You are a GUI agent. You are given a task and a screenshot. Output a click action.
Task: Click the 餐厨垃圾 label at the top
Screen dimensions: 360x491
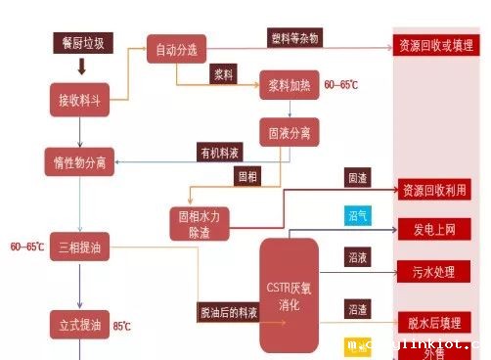pos(80,42)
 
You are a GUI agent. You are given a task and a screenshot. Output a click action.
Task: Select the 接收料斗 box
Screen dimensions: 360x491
pos(80,100)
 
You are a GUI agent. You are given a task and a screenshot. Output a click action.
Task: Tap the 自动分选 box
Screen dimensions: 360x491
pos(176,50)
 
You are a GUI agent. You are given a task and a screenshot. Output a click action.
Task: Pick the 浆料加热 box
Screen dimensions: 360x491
pos(289,86)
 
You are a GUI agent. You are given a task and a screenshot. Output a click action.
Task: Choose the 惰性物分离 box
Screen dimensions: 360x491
pos(80,162)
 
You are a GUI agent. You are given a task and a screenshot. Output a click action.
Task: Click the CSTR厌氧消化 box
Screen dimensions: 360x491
pos(289,294)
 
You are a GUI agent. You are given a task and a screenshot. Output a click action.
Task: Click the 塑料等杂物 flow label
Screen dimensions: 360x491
pos(294,37)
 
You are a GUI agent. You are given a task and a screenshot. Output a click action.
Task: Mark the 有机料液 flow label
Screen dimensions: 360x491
pos(218,153)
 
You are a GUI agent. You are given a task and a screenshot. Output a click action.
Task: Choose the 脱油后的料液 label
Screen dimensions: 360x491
pos(227,312)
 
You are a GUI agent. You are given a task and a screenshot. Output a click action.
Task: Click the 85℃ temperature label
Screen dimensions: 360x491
pos(121,326)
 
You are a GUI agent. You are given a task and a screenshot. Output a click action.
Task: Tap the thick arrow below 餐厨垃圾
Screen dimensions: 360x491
pos(80,66)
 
